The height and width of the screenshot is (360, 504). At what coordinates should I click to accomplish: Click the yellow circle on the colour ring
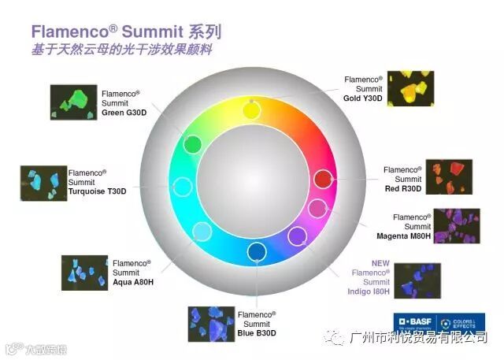250,109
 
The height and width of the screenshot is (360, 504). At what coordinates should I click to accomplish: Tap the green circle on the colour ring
192,144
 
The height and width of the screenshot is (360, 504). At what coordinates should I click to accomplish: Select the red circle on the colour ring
323,179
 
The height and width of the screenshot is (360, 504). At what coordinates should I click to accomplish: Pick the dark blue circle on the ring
257,252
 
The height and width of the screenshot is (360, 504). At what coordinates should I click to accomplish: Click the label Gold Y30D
363,98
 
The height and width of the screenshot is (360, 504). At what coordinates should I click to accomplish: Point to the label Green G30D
124,112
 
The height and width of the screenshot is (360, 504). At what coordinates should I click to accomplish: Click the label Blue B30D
257,332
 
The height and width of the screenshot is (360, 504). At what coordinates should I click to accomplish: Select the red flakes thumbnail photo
448,176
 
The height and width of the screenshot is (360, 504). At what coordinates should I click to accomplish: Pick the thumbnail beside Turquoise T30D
43,183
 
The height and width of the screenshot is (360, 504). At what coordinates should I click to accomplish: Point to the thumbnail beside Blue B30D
211,323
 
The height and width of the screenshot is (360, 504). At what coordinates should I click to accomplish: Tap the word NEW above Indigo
381,263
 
